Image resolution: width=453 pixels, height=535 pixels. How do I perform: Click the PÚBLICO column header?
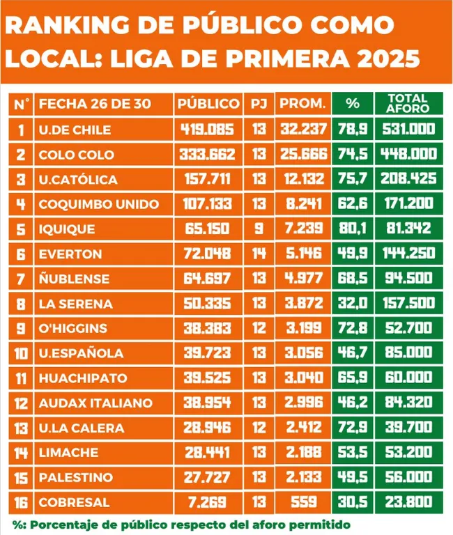click(208, 104)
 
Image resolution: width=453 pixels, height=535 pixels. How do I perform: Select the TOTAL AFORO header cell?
click(408, 104)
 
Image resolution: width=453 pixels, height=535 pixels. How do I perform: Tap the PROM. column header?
click(302, 104)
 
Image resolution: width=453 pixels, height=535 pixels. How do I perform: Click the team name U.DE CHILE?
click(75, 130)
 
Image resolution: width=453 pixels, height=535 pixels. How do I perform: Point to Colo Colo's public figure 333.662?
click(208, 154)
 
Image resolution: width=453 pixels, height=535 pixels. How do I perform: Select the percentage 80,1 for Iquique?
click(353, 228)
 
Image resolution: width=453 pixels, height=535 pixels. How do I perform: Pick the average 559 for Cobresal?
click(302, 502)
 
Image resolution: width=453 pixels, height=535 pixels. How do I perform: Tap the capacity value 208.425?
click(408, 179)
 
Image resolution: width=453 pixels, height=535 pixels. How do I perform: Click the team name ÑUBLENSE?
click(74, 279)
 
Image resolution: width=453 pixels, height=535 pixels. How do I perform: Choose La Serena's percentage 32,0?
click(353, 304)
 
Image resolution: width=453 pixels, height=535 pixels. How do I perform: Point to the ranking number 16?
click(21, 502)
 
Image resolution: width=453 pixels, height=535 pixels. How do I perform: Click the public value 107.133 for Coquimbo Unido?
click(208, 204)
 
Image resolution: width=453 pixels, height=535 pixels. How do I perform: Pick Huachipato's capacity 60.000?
click(408, 378)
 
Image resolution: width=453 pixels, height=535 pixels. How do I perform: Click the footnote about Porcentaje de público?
click(181, 524)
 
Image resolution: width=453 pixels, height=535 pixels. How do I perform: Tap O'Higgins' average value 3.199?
click(302, 328)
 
